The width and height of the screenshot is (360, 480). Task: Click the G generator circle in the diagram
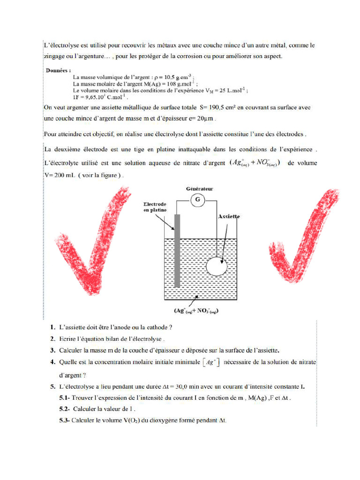[x=198, y=201]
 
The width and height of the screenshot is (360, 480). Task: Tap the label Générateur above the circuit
[x=198, y=188]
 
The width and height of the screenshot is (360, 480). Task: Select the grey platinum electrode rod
[x=177, y=250]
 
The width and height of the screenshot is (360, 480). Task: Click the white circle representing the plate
[x=217, y=267]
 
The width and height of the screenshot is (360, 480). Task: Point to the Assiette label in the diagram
[x=229, y=217]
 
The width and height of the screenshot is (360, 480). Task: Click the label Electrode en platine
[x=155, y=207]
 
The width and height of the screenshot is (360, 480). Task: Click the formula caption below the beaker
[x=196, y=311]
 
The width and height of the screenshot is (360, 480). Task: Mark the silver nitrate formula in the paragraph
[x=254, y=164]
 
